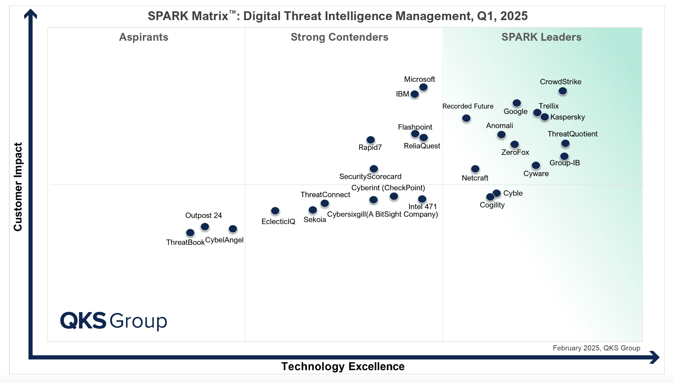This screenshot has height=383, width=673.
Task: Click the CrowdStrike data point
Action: tap(563, 91)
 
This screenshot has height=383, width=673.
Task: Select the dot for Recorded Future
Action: tap(466, 118)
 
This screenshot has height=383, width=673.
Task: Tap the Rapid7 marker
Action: tap(370, 140)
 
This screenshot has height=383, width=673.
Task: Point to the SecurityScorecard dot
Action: tap(374, 169)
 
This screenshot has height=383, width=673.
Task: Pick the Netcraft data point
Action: tap(475, 169)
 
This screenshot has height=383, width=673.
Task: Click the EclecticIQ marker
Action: tap(275, 211)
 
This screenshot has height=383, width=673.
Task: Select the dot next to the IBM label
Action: tap(415, 94)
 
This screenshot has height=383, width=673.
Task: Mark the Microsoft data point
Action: tap(423, 87)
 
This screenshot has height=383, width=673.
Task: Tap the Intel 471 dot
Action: tap(422, 199)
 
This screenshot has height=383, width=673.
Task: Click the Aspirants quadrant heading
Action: tap(144, 37)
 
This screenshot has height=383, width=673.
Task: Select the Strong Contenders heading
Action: tap(339, 37)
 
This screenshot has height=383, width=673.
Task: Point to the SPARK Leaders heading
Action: tap(541, 37)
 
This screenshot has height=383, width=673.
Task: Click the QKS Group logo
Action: tap(114, 321)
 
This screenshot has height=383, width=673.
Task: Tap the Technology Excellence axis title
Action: tap(343, 366)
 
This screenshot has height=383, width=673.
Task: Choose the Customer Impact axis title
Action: tap(18, 187)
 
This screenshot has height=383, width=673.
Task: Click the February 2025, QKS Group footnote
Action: tap(596, 348)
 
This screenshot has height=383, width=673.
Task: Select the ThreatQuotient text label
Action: tap(572, 134)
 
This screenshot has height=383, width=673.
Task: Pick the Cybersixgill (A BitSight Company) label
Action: tap(382, 214)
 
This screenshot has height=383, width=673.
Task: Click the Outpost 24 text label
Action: tap(203, 215)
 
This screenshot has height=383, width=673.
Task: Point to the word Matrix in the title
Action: tap(211, 16)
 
